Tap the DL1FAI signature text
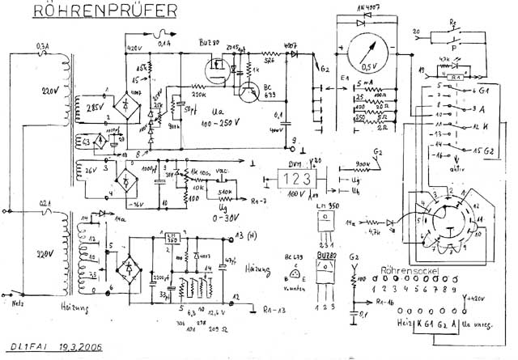[30, 347]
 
